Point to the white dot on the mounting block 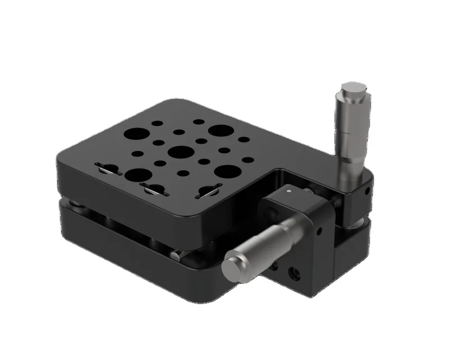(288, 191)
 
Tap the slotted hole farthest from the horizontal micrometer (106, 167)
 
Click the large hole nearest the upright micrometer (220, 131)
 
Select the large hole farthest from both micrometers (136, 134)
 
